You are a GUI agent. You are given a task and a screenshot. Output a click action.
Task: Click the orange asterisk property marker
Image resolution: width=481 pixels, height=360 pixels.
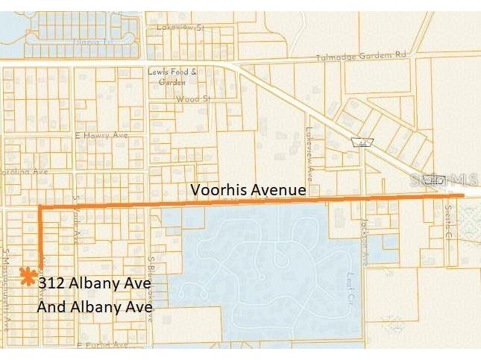coord(28,277)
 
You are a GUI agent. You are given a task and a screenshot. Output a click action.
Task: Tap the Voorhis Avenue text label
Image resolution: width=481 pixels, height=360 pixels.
coord(248,190)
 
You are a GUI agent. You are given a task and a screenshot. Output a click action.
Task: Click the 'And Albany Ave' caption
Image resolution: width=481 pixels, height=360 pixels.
coord(95,306)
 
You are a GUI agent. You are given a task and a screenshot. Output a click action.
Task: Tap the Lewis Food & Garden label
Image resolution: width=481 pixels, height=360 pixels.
coord(177,77)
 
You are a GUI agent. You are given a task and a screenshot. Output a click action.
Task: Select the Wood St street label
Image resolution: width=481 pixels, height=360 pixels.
coord(189,98)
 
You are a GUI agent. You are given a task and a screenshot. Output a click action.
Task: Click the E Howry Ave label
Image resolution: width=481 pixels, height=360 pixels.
coord(101,136)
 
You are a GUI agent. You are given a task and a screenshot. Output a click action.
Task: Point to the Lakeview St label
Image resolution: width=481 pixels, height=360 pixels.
coord(180,27)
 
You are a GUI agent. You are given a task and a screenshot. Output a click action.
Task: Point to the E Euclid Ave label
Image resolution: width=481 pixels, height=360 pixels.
coord(101,344)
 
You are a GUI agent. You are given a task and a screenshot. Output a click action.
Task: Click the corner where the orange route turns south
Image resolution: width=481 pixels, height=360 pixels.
coord(40,204)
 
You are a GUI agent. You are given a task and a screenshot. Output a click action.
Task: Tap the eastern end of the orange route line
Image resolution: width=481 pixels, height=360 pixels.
coord(462,196)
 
